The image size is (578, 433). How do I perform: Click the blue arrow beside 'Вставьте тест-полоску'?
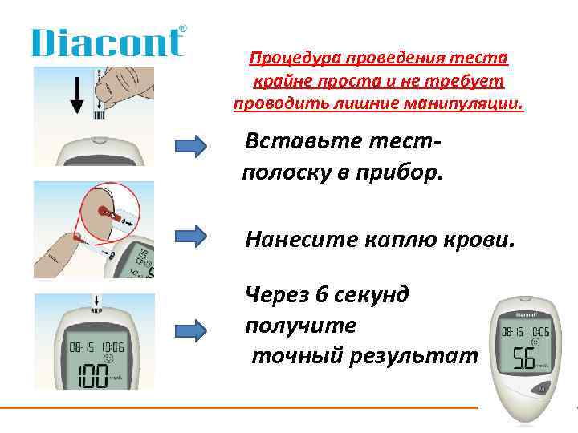[191, 145]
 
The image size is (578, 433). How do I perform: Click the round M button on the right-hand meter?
[543, 389]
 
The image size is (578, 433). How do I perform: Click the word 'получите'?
[302, 325]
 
